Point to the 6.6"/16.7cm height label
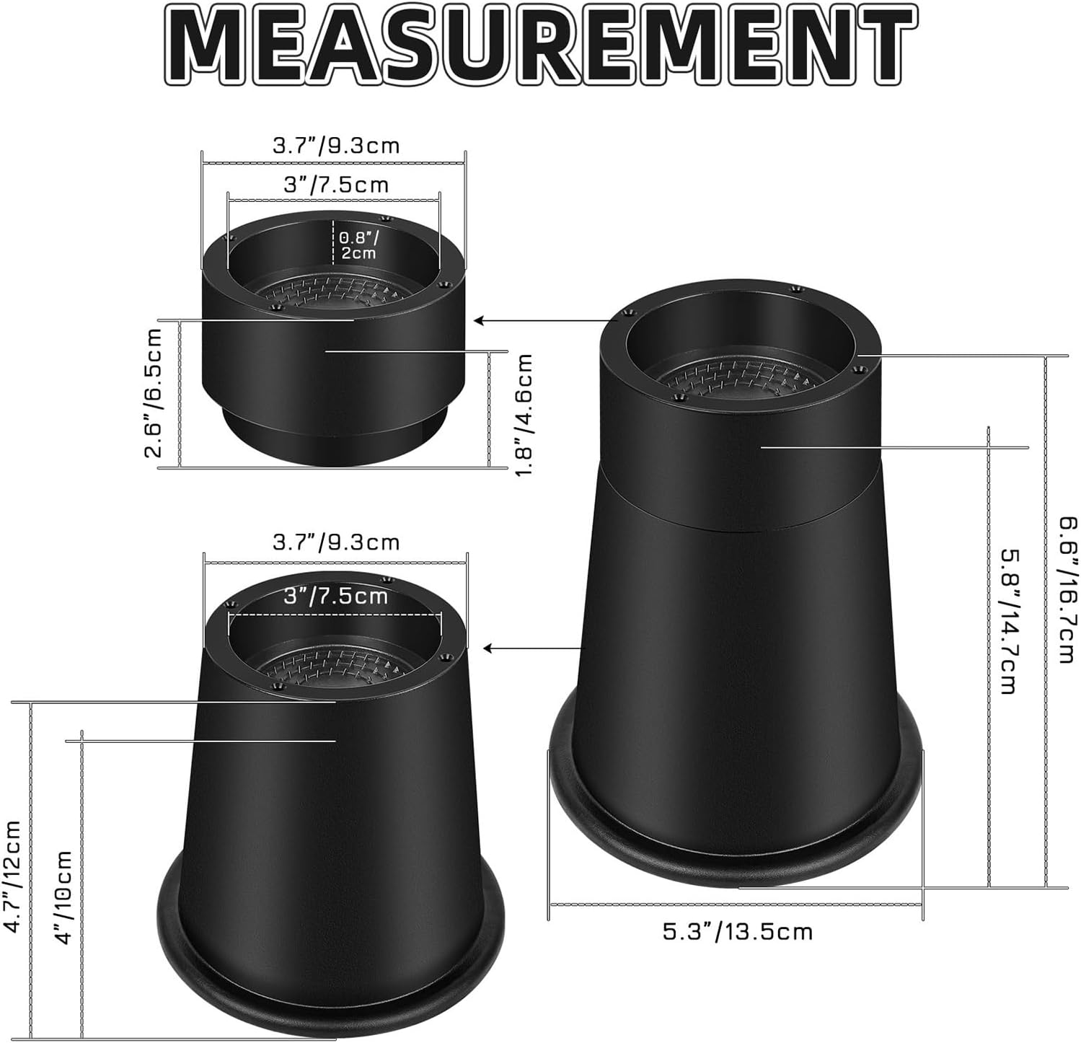1067,589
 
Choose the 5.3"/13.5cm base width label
738,931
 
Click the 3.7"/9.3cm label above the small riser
335,146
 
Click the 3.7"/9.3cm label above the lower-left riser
335,542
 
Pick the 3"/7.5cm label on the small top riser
335,185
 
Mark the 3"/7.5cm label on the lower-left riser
335,596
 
